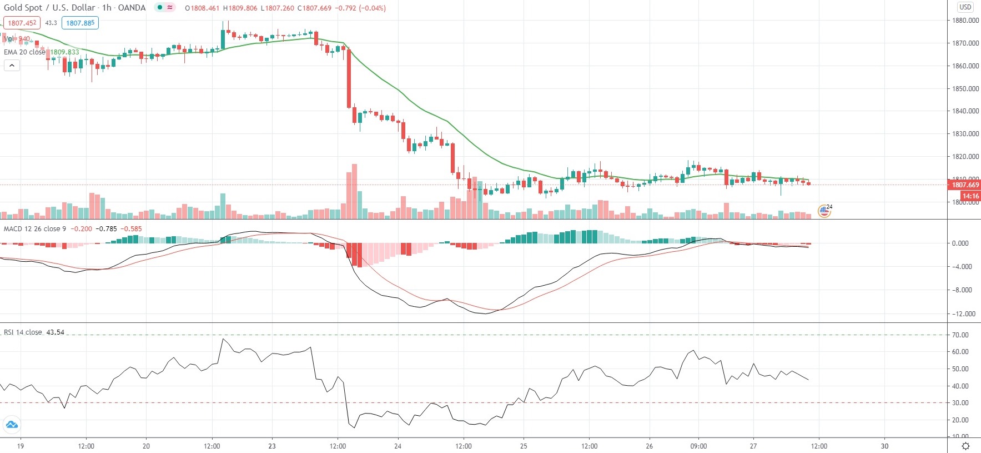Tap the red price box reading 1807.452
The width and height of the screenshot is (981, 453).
pyautogui.click(x=22, y=23)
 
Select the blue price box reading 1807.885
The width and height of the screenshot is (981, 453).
pyautogui.click(x=80, y=23)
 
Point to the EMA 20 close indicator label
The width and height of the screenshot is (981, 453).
pyautogui.click(x=25, y=52)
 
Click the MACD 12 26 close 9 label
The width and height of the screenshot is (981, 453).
pyautogui.click(x=35, y=228)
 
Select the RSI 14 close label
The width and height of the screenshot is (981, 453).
pyautogui.click(x=23, y=332)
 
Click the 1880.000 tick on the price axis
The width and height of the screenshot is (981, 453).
pyautogui.click(x=965, y=21)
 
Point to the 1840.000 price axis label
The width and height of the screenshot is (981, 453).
pyautogui.click(x=965, y=111)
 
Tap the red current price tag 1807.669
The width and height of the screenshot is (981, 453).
pyautogui.click(x=965, y=185)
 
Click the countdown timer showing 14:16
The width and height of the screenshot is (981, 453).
pyautogui.click(x=970, y=196)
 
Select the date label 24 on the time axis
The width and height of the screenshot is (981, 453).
pyautogui.click(x=398, y=446)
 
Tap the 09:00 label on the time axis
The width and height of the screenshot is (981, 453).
pyautogui.click(x=698, y=446)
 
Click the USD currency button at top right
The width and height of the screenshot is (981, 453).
pyautogui.click(x=965, y=7)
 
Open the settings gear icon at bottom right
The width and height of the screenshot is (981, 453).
pyautogui.click(x=965, y=446)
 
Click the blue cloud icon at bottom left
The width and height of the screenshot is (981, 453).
pyautogui.click(x=12, y=425)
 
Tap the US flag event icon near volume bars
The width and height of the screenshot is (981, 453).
pyautogui.click(x=824, y=211)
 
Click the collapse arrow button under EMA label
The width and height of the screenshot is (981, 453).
pyautogui.click(x=12, y=66)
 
